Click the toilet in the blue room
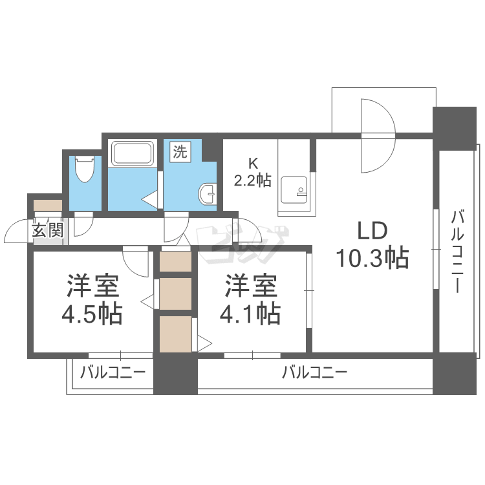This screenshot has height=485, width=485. click(85, 169)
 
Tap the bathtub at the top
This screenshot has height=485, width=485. click(133, 154)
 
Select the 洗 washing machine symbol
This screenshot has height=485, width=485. click(180, 151)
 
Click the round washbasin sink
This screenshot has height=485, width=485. click(207, 194)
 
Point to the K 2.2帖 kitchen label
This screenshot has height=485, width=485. click(253, 172)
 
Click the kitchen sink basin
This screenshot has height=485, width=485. click(294, 190)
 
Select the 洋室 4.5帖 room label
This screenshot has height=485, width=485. click(92, 299)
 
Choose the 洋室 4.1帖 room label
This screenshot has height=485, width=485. click(250, 299)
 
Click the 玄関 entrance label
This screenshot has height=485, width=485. click(48, 230)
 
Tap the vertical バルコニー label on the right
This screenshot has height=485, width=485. click(457, 251)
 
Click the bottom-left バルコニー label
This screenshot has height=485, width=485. click(113, 372)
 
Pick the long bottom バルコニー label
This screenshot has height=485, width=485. click(314, 372)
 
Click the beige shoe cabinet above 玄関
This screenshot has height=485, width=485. click(48, 206)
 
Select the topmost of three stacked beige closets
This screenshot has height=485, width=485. click(175, 262)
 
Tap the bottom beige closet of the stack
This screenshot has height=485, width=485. click(175, 334)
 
